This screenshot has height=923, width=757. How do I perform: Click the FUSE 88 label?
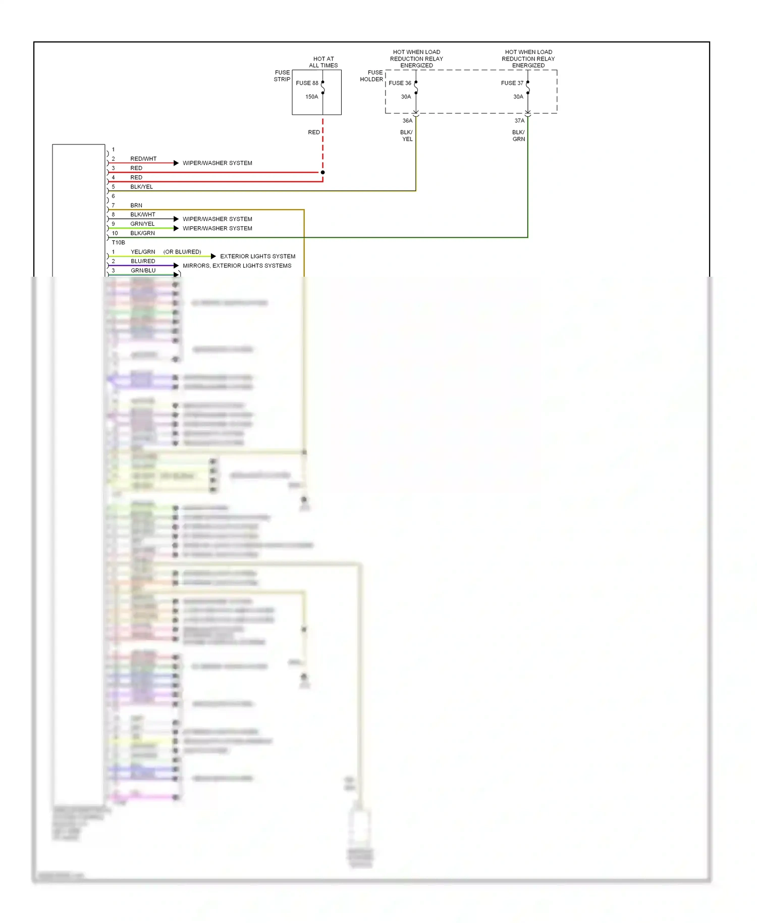307,83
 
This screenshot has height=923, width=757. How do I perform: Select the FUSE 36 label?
400,83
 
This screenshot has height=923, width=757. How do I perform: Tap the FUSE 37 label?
512,83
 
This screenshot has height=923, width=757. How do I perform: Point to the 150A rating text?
311,97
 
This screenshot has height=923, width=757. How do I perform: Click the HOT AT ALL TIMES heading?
323,62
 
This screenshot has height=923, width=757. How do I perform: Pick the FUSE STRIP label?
282,76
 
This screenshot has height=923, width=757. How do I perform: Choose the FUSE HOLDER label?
371,76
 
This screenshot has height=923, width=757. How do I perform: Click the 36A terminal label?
407,121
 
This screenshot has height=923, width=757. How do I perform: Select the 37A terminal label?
519,121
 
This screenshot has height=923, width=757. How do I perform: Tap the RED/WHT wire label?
143,159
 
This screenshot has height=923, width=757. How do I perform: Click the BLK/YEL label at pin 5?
141,187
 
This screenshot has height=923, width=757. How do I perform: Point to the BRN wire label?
136,206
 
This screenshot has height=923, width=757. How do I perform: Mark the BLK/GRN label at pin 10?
142,233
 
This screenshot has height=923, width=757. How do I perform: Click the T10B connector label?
118,242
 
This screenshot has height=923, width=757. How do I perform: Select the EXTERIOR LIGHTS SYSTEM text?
257,257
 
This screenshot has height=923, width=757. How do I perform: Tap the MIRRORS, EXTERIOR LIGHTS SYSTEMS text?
237,266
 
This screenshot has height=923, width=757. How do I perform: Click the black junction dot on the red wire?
322,173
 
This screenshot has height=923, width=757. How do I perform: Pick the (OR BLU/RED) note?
182,252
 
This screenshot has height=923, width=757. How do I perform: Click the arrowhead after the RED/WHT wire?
176,163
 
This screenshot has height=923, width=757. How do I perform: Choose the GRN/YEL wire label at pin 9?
142,224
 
